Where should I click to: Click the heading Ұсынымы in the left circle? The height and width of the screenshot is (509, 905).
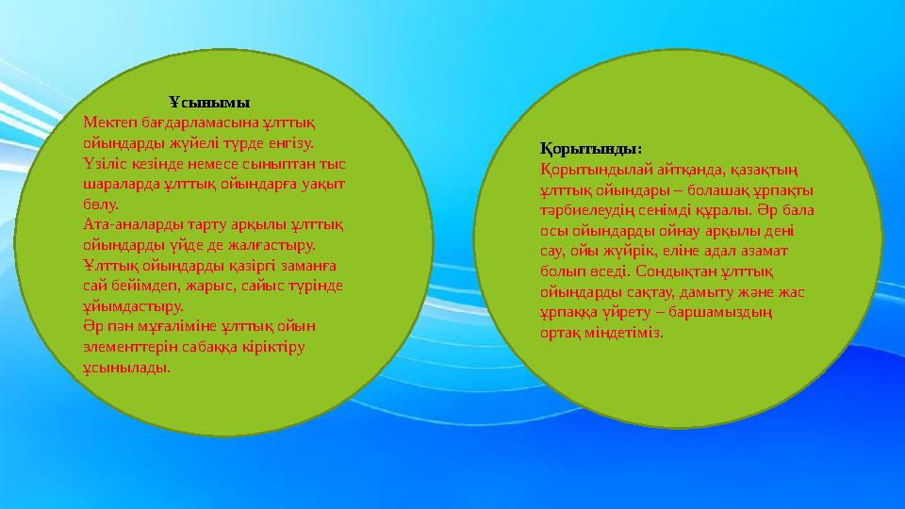point(209,101)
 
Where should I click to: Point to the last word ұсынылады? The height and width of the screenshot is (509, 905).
point(127,368)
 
